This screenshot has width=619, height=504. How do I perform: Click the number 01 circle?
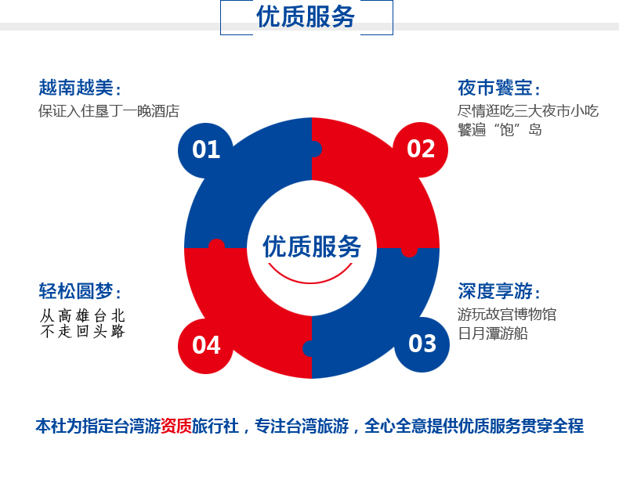pyautogui.click(x=205, y=150)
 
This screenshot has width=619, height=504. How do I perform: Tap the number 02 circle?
pyautogui.click(x=421, y=149)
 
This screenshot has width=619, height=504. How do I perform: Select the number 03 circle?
pyautogui.click(x=422, y=344)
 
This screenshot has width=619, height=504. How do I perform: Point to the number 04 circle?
pyautogui.click(x=205, y=346)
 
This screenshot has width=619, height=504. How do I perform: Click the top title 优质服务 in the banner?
pyautogui.click(x=306, y=16)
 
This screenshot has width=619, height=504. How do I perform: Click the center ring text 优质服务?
pyautogui.click(x=312, y=247)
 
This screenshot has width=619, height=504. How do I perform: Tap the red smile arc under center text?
pyautogui.click(x=310, y=276)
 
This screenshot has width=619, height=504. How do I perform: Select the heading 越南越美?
pyautogui.click(x=80, y=88)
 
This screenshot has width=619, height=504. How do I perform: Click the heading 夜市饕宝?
pyautogui.click(x=499, y=88)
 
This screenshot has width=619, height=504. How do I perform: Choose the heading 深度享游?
pyautogui.click(x=499, y=291)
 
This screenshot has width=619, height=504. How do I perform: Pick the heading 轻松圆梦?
pyautogui.click(x=80, y=291)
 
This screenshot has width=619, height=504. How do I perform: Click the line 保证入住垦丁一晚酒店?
pyautogui.click(x=109, y=111)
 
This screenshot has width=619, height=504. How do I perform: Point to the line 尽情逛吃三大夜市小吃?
pyautogui.click(x=528, y=111)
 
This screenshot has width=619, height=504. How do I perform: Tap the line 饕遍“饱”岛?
pyautogui.click(x=500, y=130)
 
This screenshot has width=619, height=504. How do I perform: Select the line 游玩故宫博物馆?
pyautogui.click(x=507, y=315)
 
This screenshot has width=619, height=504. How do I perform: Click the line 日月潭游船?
pyautogui.click(x=493, y=333)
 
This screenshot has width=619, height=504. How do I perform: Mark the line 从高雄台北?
pyautogui.click(x=82, y=316)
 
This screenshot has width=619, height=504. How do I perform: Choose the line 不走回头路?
pyautogui.click(x=82, y=331)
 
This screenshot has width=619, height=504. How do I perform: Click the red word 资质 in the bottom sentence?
pyautogui.click(x=176, y=426)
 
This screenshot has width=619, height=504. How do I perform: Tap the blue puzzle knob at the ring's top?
pyautogui.click(x=316, y=149)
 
